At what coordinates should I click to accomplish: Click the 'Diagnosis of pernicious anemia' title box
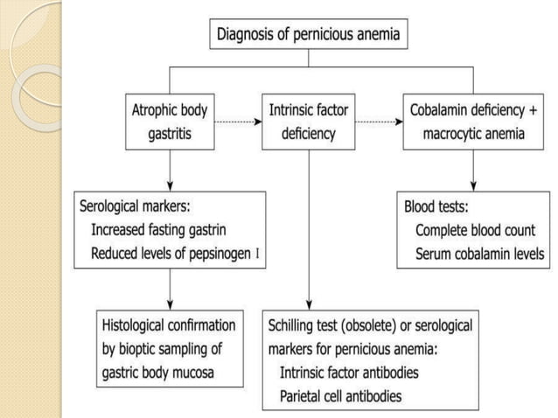coord(310,36)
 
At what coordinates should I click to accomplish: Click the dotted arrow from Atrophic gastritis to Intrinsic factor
coord(234,122)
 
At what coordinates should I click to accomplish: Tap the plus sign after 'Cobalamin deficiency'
coord(534,112)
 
